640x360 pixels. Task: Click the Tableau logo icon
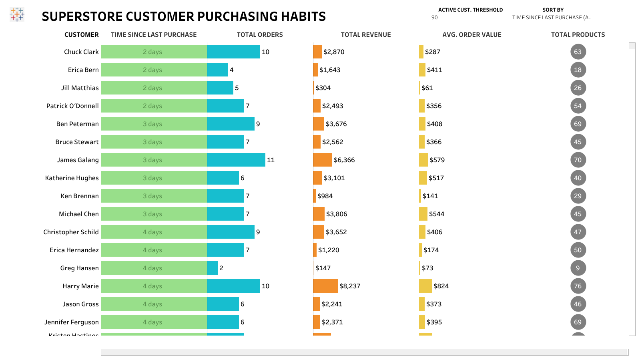(17, 14)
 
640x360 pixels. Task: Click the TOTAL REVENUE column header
(365, 35)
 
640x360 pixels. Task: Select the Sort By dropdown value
(551, 18)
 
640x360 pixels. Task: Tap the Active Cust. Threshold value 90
(435, 18)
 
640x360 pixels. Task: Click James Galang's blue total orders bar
(236, 160)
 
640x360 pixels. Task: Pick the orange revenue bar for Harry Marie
(325, 286)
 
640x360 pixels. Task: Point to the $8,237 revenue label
(350, 286)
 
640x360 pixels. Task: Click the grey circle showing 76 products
(578, 286)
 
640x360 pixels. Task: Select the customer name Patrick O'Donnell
(72, 106)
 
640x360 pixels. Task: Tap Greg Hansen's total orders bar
(212, 268)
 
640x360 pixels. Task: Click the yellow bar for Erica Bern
(422, 70)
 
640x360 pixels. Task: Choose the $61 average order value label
(427, 88)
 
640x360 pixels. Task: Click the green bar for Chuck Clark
(154, 52)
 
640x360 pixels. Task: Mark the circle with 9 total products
(578, 268)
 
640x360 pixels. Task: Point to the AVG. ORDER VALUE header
(471, 35)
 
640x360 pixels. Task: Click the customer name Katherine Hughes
(72, 178)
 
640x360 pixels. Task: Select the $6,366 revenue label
(344, 160)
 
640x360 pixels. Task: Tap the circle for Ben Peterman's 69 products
(578, 124)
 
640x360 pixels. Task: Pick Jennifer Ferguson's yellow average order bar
(422, 322)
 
